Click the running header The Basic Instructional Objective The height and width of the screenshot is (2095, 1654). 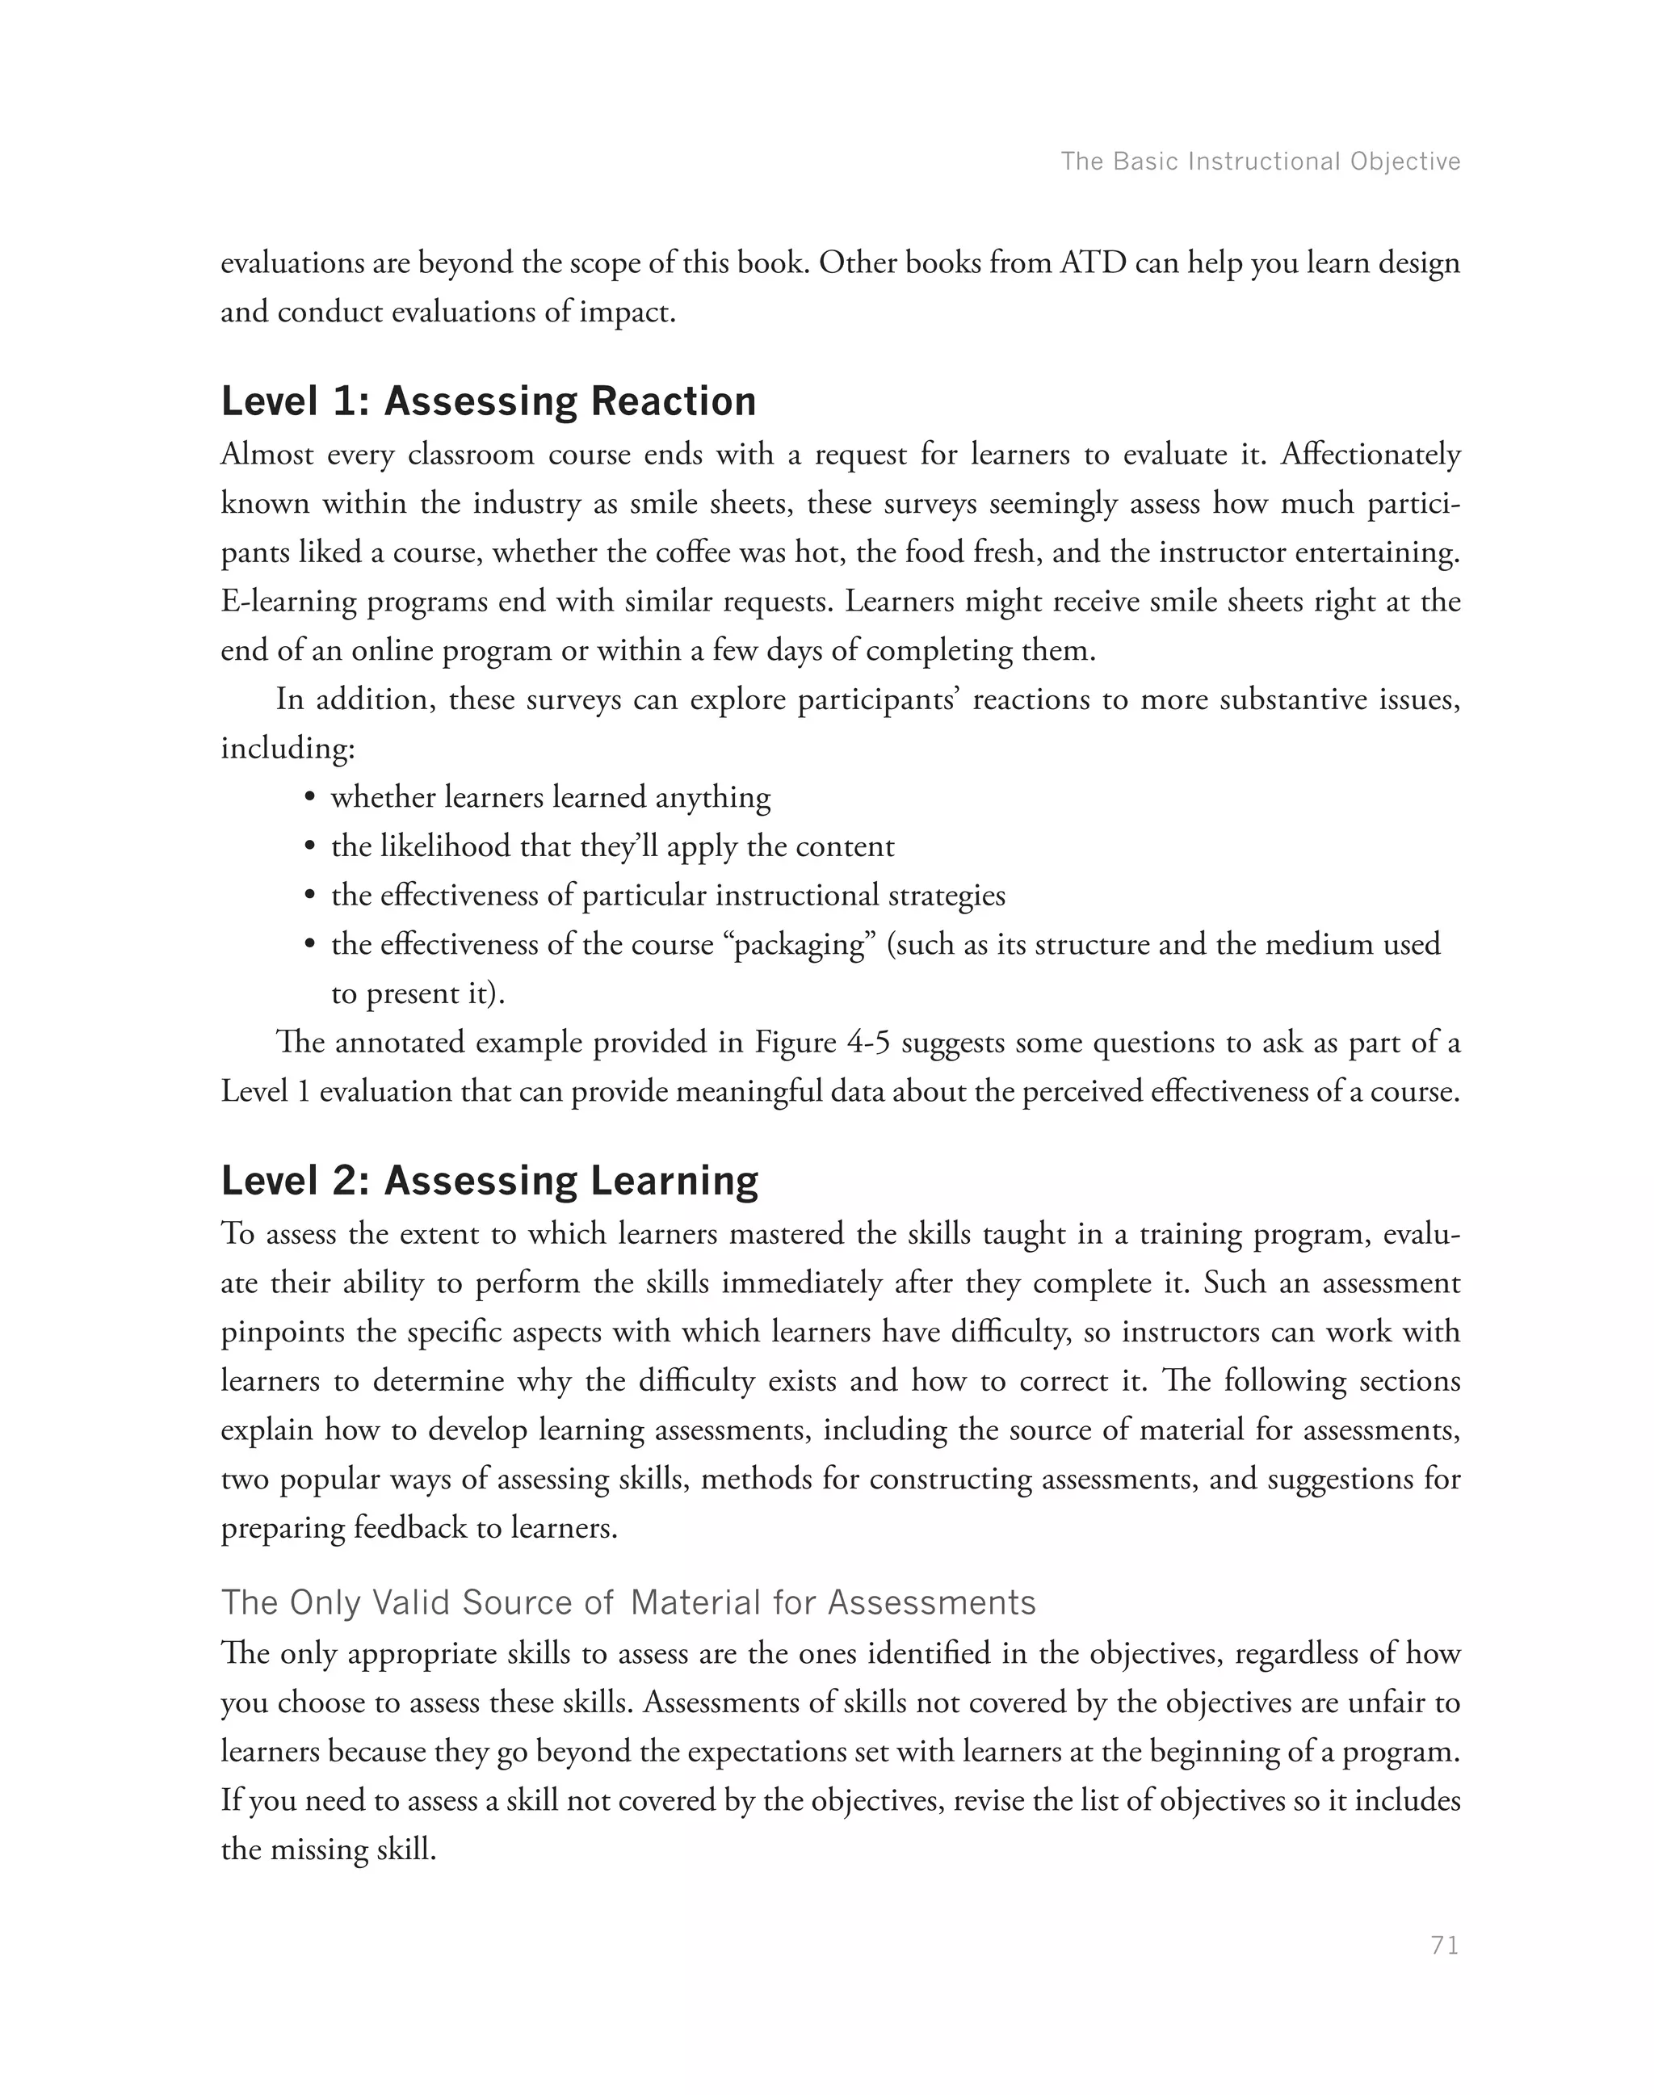click(1260, 161)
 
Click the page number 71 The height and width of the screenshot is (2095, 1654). click(1444, 1945)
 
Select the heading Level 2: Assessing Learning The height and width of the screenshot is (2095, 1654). click(489, 1181)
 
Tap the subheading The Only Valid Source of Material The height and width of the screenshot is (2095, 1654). click(628, 1602)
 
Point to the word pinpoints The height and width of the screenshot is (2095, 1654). click(283, 1333)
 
